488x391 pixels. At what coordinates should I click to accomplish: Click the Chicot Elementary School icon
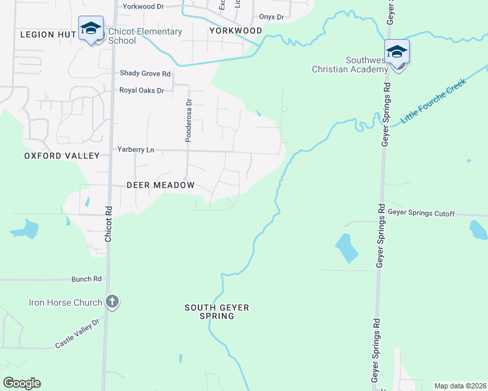91,29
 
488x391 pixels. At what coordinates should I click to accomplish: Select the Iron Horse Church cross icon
112,302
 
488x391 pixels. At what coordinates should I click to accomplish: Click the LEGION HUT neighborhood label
46,34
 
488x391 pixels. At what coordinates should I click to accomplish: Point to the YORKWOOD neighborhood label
236,31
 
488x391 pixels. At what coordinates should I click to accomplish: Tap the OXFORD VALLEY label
62,156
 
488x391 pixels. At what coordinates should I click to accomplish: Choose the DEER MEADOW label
160,185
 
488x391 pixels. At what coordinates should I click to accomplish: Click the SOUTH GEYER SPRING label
217,311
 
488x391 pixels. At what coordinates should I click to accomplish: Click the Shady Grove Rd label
145,74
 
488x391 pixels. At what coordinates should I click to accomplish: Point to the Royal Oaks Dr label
142,91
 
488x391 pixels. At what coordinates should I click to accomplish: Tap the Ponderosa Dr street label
189,121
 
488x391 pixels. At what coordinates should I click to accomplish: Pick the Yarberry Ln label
136,150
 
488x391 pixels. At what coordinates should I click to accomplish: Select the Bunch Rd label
87,279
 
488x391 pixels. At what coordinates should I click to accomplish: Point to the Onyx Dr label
271,17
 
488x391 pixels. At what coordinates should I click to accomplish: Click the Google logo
22,383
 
